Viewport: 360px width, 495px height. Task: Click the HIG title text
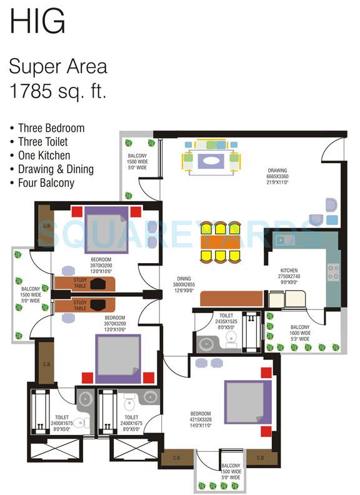pyautogui.click(x=37, y=21)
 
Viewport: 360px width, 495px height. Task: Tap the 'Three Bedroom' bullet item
pyautogui.click(x=51, y=128)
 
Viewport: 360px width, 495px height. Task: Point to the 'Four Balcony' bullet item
pyautogui.click(x=46, y=183)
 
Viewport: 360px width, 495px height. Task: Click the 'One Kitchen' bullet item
pyautogui.click(x=44, y=156)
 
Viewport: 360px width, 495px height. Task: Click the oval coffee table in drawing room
pyautogui.click(x=210, y=160)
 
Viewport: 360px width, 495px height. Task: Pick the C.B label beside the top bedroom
pyautogui.click(x=46, y=226)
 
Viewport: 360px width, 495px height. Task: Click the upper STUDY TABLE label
pyautogui.click(x=80, y=282)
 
